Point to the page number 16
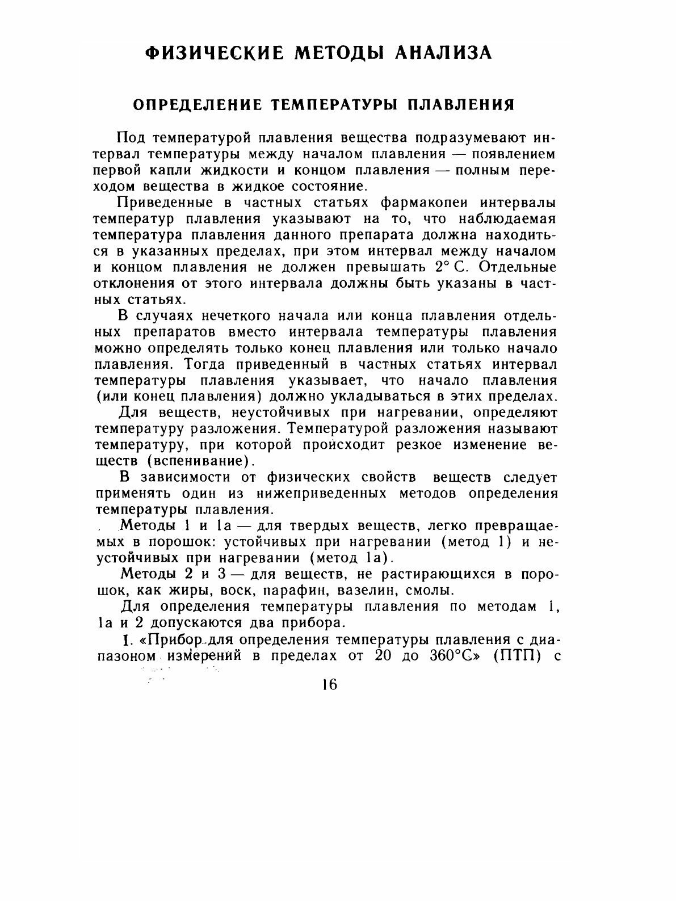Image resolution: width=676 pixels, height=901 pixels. coord(329,684)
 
